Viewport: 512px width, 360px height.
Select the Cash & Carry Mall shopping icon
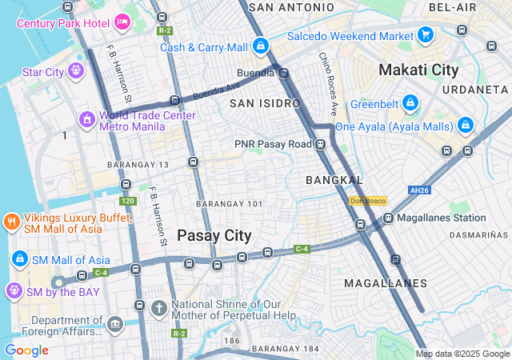pos(260,47)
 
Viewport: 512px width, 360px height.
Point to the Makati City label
pos(419,70)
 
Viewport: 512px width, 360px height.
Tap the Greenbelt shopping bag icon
pos(410,103)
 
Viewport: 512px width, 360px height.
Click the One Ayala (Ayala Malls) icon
pos(465,126)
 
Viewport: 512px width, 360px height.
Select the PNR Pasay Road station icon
pos(321,144)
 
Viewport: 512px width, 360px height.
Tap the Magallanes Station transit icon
pos(388,218)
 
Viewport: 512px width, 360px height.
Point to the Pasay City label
pos(214,235)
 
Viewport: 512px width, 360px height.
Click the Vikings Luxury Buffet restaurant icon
pos(11,222)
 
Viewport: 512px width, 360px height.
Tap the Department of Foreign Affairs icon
pos(115,324)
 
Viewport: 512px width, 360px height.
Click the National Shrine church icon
pos(159,307)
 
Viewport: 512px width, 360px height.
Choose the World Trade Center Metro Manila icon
pos(86,120)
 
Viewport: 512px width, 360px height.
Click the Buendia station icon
pos(283,73)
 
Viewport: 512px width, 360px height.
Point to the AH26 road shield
pos(414,190)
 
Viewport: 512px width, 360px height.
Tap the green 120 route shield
pos(127,201)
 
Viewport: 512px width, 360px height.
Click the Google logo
pos(26,350)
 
